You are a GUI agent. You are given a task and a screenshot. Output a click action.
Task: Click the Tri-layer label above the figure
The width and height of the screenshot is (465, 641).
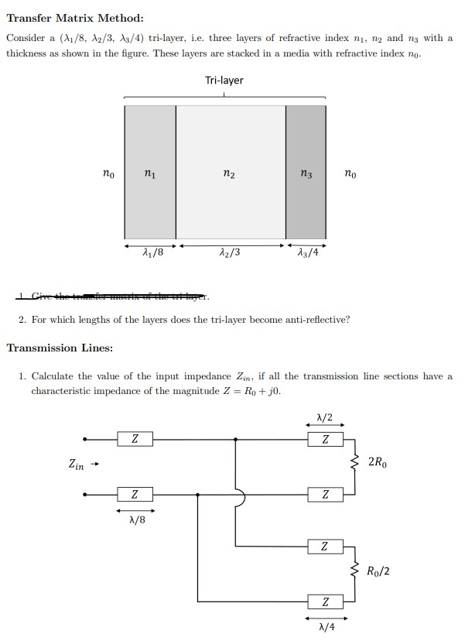224,81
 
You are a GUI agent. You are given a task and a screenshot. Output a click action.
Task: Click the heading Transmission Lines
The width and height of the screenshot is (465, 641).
60,348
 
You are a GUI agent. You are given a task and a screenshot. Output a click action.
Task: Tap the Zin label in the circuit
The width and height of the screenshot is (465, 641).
77,464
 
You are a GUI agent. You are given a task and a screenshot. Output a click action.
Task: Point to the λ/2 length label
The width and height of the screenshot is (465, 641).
325,417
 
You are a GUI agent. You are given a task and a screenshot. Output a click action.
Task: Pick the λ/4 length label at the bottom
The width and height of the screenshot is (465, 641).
325,626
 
